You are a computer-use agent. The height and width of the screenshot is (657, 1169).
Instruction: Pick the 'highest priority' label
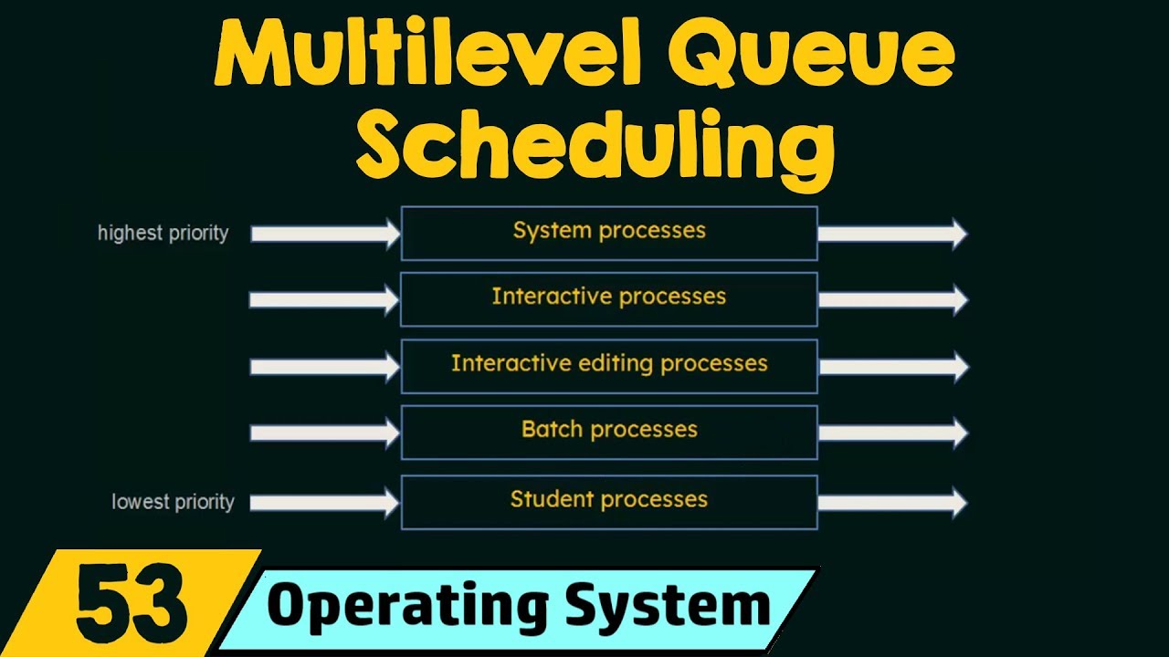click(x=163, y=234)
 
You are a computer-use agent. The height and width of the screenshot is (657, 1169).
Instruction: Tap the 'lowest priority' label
click(x=173, y=502)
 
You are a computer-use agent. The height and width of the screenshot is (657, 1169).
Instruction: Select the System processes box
click(x=609, y=233)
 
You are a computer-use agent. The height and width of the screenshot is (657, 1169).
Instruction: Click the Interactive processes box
click(x=609, y=298)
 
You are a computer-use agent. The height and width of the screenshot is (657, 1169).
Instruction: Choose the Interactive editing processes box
click(x=609, y=365)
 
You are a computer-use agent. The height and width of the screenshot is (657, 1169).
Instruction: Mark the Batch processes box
click(x=609, y=432)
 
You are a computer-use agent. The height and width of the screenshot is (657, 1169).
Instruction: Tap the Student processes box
click(x=609, y=501)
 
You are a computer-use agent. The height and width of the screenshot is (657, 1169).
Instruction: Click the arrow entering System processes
click(x=325, y=235)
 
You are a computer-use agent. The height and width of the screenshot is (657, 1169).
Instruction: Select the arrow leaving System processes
click(x=891, y=234)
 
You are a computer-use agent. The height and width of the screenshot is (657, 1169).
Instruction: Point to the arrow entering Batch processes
click(x=325, y=433)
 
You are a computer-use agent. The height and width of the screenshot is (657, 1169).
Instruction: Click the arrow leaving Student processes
click(x=891, y=502)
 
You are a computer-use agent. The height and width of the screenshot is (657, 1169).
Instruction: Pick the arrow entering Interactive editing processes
click(x=325, y=367)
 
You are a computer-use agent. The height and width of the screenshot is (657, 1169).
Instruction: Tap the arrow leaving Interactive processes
click(x=891, y=300)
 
